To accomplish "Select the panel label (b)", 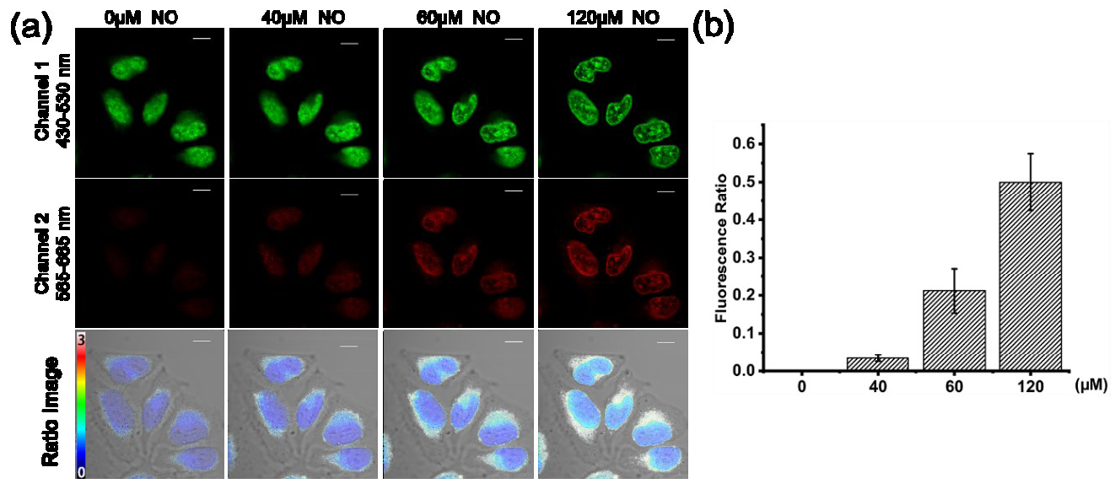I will (712, 26).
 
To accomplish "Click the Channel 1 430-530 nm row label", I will (51, 99).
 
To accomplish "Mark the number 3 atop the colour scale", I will (81, 338).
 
